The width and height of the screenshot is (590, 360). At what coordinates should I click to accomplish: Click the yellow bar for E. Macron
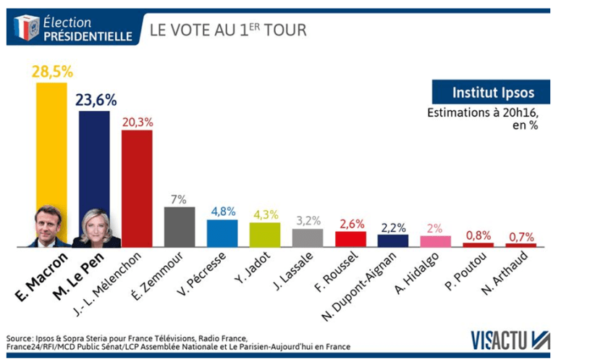(51, 145)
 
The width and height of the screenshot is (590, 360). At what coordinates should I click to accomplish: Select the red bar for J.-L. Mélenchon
(136, 188)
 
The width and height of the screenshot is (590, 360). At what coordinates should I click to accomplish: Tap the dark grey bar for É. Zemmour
(179, 227)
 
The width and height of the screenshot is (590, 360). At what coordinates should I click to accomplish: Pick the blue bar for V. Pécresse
(222, 233)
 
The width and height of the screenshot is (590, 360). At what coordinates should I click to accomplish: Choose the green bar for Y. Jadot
(264, 235)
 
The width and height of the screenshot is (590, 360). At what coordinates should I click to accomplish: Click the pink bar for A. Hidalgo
(435, 241)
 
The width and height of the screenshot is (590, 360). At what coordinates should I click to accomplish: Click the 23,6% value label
(95, 100)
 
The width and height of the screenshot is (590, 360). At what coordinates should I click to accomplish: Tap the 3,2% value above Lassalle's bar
(307, 219)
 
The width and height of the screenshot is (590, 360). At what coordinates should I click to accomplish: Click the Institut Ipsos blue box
(490, 93)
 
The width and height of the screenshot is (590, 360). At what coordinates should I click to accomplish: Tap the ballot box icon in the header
(26, 28)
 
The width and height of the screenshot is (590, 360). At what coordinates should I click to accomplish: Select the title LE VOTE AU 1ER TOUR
(228, 30)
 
